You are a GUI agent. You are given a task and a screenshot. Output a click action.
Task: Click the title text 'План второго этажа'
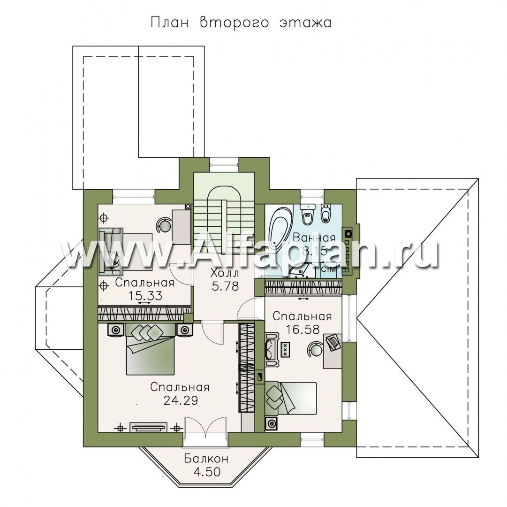[241, 23]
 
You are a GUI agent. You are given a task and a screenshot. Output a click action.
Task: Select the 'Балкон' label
[206, 459]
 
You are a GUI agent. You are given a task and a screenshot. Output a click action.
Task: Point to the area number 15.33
[145, 296]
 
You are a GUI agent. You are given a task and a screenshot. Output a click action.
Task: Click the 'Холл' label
[225, 273]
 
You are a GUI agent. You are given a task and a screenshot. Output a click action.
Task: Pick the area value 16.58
[303, 330]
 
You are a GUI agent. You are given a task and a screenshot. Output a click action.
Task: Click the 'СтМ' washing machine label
[328, 269]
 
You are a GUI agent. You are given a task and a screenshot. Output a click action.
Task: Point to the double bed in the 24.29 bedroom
[151, 349]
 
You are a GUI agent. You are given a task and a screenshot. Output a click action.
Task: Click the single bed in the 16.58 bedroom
[290, 398]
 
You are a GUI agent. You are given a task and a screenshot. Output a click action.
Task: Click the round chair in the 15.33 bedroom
[164, 224]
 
